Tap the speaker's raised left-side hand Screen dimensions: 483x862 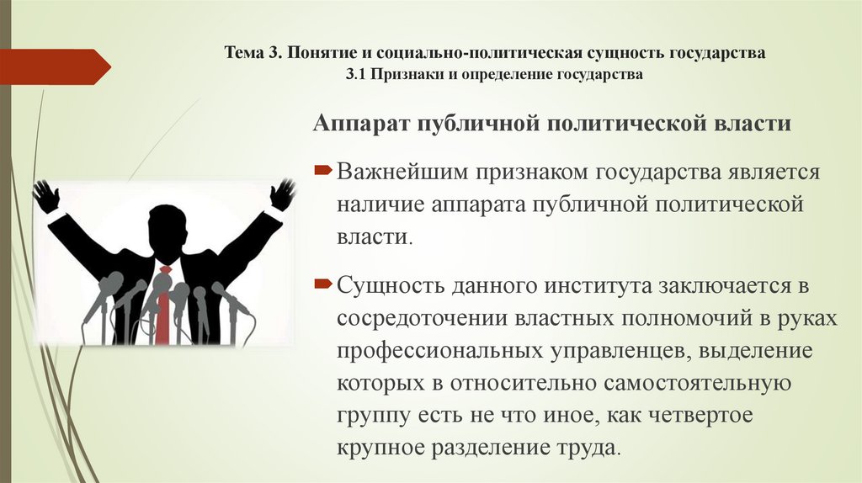(x=46, y=195)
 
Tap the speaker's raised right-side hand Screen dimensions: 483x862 (x=282, y=194)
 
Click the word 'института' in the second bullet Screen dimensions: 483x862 (x=577, y=287)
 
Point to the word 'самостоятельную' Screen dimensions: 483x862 (x=697, y=383)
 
